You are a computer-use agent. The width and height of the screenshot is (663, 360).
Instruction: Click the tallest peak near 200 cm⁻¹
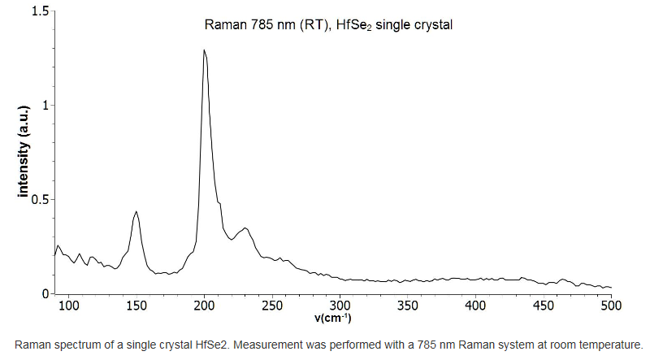[204, 50]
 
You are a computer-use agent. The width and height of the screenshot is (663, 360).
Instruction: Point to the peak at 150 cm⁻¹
[136, 212]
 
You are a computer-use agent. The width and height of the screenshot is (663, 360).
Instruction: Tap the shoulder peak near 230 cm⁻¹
[245, 228]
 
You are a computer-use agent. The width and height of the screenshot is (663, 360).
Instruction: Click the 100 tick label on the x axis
[70, 306]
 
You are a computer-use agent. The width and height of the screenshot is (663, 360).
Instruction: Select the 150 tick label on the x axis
[136, 306]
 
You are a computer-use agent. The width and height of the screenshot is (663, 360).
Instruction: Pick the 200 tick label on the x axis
[205, 306]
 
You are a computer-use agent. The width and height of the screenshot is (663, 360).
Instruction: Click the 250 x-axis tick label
[272, 306]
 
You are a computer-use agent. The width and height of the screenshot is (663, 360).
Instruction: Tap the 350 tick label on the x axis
[408, 306]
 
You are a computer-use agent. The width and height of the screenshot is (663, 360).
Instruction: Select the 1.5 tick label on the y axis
[39, 11]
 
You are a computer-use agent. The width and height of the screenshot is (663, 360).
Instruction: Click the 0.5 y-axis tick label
[39, 199]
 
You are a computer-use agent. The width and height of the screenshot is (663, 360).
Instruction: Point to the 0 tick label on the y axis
[45, 293]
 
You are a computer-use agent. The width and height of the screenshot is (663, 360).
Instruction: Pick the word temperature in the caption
[609, 344]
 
